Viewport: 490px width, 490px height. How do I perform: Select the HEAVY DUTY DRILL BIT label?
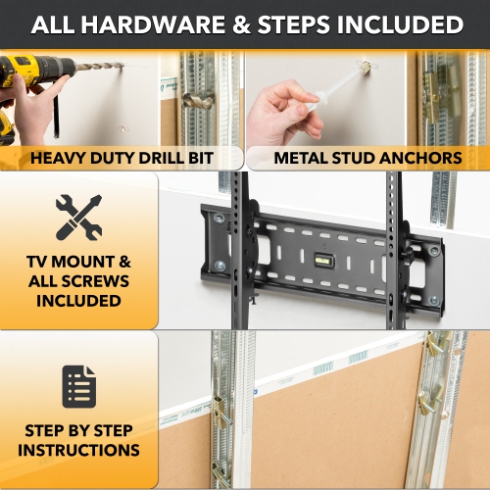122,158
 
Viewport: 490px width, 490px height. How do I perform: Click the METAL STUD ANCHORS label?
367,158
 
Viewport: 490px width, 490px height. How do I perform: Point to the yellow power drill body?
22,73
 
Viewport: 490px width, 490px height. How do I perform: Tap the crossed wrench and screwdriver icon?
79,217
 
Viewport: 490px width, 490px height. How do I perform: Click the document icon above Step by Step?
79,386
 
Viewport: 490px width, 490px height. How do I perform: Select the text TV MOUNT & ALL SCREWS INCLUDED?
79,281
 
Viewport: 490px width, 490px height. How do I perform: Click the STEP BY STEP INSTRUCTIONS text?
79,440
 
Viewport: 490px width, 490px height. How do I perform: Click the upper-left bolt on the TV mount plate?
219,218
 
